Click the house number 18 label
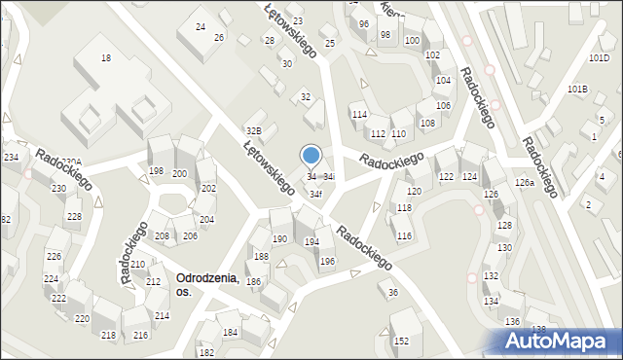(106, 58)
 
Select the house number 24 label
(201, 27)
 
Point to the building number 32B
(253, 130)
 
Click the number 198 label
(156, 171)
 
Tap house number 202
(207, 188)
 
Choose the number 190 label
(279, 239)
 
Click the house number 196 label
(327, 261)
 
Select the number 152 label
(401, 342)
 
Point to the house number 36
(393, 293)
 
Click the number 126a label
(525, 183)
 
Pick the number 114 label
(359, 115)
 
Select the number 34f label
(316, 194)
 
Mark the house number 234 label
(11, 157)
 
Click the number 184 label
(230, 333)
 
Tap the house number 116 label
(404, 236)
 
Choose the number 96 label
(363, 23)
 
